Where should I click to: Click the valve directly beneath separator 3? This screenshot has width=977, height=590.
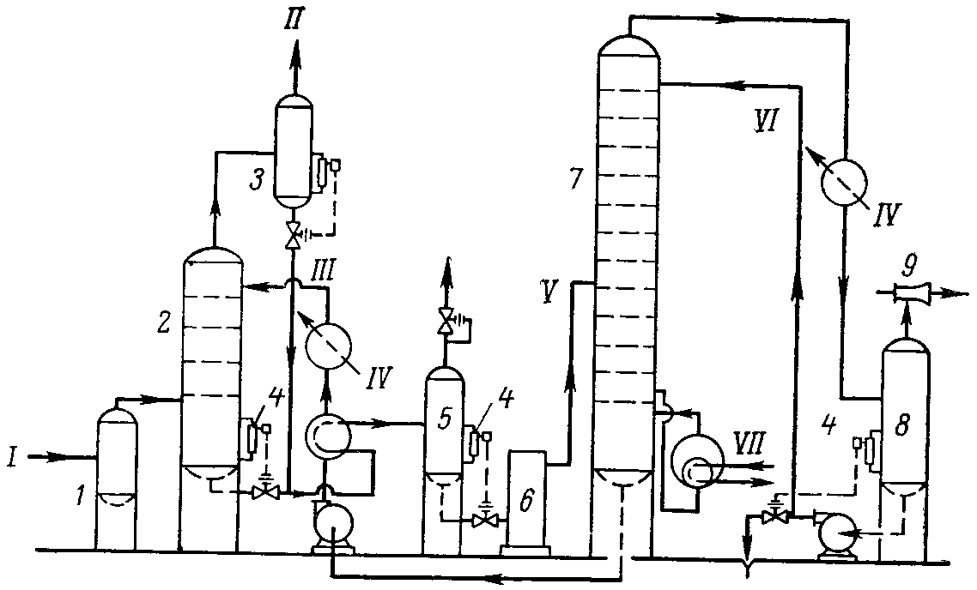coord(294,232)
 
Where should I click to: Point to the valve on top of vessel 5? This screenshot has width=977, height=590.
coord(445,322)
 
